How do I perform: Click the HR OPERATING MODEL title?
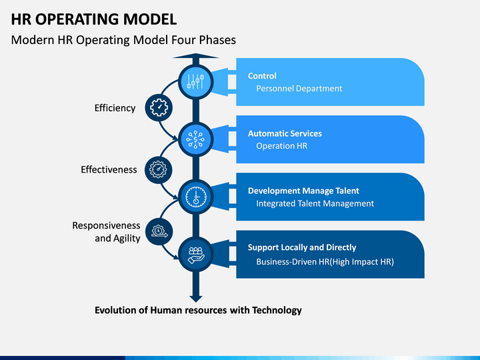pyautogui.click(x=94, y=19)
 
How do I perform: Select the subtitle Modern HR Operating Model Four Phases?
pyautogui.click(x=123, y=40)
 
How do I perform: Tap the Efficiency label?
pyautogui.click(x=115, y=108)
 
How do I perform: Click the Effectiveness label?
pyautogui.click(x=109, y=169)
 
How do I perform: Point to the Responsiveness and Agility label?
pyautogui.click(x=106, y=232)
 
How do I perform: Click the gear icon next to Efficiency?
pyautogui.click(x=159, y=107)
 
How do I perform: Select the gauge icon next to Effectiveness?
pyautogui.click(x=158, y=169)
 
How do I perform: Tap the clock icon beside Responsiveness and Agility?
pyautogui.click(x=159, y=231)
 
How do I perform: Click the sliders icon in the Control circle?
pyautogui.click(x=195, y=82)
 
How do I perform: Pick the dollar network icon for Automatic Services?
pyautogui.click(x=195, y=139)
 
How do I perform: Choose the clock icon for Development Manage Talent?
pyautogui.click(x=196, y=197)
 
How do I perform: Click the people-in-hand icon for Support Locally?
pyautogui.click(x=196, y=255)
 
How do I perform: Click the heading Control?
pyautogui.click(x=262, y=76)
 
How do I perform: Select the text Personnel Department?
pyautogui.click(x=299, y=89)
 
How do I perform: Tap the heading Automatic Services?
pyautogui.click(x=285, y=133)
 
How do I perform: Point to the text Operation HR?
pyautogui.click(x=281, y=146)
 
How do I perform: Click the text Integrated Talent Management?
pyautogui.click(x=315, y=203)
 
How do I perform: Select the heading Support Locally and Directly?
pyautogui.click(x=302, y=247)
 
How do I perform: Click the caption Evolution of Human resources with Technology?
pyautogui.click(x=198, y=310)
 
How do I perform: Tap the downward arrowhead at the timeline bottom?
pyautogui.click(x=196, y=299)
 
